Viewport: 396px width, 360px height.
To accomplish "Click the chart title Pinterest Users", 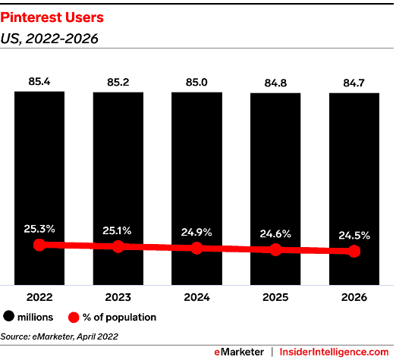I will pyautogui.click(x=47, y=15).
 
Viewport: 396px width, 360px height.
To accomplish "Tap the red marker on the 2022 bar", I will pyautogui.click(x=40, y=245).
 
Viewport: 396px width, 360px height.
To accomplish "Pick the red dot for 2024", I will pyautogui.click(x=196, y=248).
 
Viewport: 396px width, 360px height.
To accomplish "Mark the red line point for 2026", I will pyautogui.click(x=354, y=252).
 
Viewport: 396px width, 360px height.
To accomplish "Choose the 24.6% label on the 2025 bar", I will pyautogui.click(x=275, y=233).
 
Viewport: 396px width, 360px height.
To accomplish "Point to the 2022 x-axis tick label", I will pyautogui.click(x=40, y=298).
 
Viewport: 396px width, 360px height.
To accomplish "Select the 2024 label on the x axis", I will pyautogui.click(x=196, y=298).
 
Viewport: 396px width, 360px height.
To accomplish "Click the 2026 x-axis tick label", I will pyautogui.click(x=354, y=298).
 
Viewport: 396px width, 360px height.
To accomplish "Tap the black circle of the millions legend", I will pyautogui.click(x=10, y=318).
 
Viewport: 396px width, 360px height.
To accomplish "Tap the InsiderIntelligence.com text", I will pyautogui.click(x=335, y=352).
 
